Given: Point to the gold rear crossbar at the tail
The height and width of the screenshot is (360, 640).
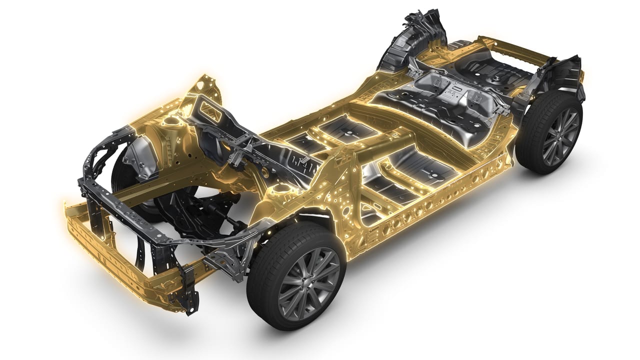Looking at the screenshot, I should click(515, 47).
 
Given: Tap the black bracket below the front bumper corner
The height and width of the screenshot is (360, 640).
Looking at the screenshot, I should click(190, 295).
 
